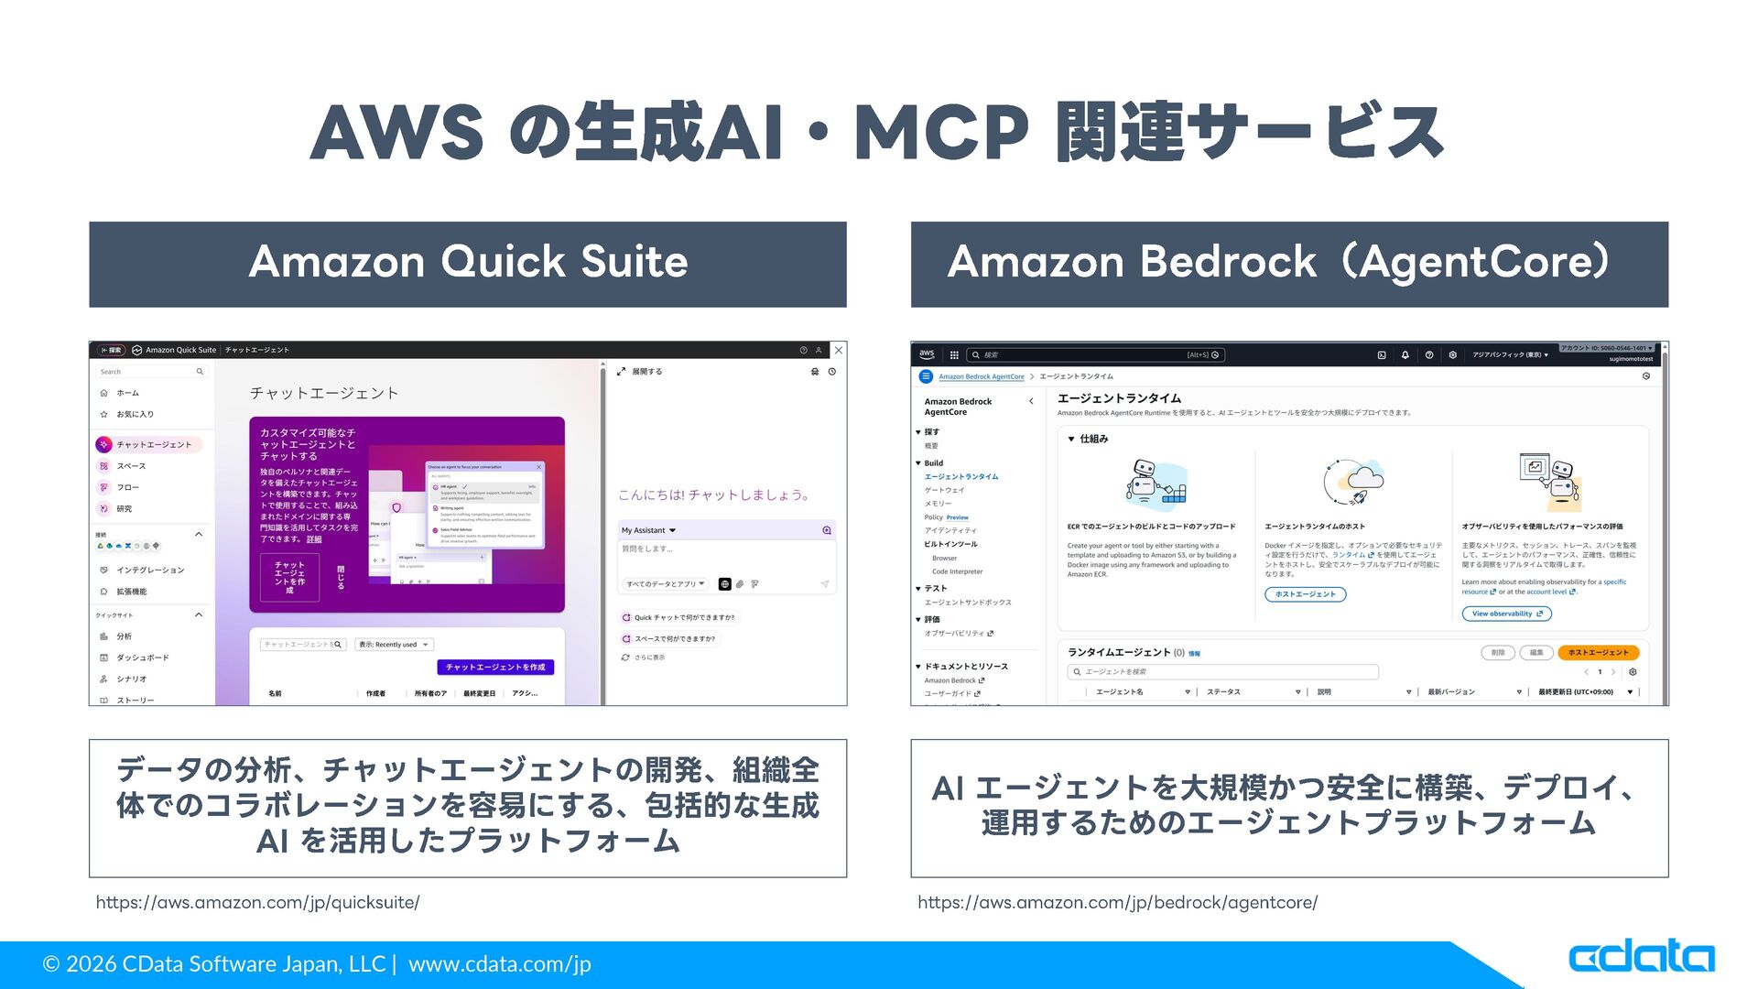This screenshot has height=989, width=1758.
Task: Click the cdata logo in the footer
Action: (x=1641, y=958)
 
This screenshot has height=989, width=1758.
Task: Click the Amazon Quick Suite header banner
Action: (x=468, y=263)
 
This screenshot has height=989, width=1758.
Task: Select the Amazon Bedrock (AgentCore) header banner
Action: (x=1288, y=263)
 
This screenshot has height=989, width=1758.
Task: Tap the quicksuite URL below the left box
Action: (x=257, y=902)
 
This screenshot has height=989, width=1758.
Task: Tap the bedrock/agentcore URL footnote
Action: (x=1117, y=902)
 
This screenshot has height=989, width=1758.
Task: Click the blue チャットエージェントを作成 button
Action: (x=495, y=667)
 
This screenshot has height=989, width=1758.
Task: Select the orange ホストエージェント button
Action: (x=1598, y=653)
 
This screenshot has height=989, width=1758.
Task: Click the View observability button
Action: (x=1506, y=614)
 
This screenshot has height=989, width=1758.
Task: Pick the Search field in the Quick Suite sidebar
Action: (x=151, y=372)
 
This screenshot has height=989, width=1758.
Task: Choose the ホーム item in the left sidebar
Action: (x=127, y=393)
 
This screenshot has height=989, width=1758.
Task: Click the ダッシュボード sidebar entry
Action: (x=142, y=658)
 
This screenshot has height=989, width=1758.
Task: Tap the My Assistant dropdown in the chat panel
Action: (x=648, y=530)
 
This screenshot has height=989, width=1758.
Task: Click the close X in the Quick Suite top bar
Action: (x=839, y=350)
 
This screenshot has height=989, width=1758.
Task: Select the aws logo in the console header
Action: (x=927, y=354)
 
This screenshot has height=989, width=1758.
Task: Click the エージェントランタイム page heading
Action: (x=1119, y=398)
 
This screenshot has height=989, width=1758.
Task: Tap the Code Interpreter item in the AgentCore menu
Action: (x=957, y=571)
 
